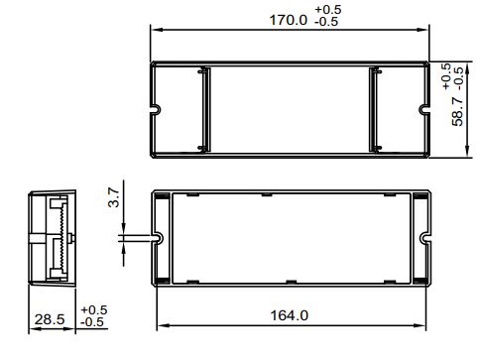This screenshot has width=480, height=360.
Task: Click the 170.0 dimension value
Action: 289,20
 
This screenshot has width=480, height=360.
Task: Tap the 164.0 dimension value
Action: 290,315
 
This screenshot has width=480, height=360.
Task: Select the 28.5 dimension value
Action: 50,319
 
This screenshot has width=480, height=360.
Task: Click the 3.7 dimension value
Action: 114,197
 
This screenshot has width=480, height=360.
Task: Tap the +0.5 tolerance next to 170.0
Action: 328,9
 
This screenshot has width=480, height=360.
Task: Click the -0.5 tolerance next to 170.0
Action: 326,22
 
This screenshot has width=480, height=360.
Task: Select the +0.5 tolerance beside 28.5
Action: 94,309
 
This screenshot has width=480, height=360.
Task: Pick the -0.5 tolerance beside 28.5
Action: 92,321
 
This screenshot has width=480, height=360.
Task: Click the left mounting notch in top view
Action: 157,109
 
